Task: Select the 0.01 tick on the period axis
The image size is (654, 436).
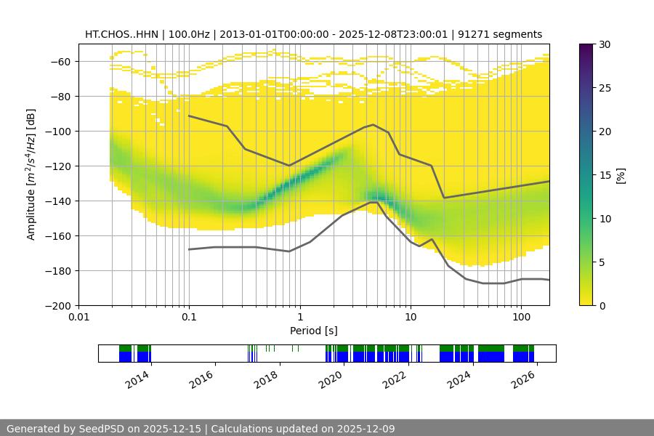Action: tap(78, 317)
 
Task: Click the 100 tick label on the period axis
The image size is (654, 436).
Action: tap(521, 317)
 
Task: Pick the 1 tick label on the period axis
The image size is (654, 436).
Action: tap(299, 317)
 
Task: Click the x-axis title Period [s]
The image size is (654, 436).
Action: tap(313, 331)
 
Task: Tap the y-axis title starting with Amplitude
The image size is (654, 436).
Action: tap(31, 174)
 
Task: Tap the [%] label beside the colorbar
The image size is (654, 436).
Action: tap(621, 175)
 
